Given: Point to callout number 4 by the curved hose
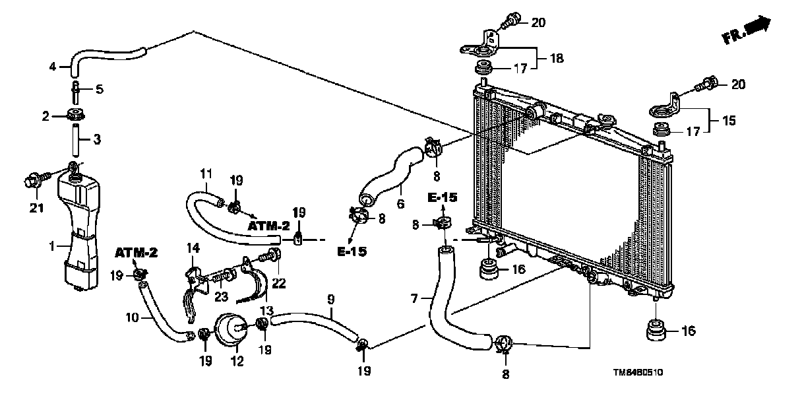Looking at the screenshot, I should [x=53, y=66].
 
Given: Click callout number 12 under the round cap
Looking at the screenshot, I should [x=236, y=361].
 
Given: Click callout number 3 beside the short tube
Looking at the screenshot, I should [x=96, y=140].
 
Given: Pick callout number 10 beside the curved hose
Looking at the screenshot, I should [x=133, y=317].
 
